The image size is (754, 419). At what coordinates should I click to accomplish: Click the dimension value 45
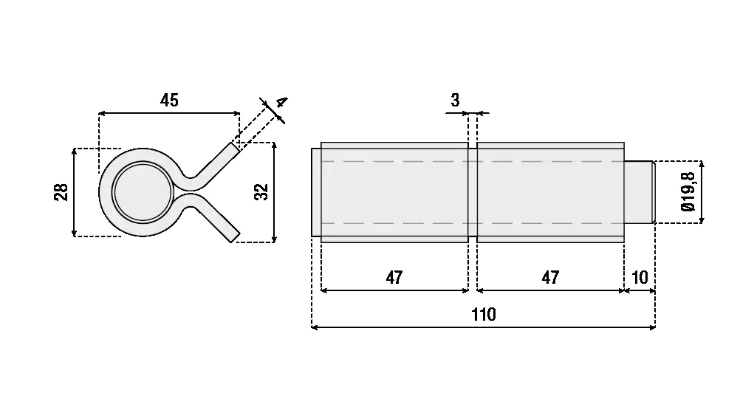[169, 101]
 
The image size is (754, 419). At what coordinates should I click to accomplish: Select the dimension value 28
[61, 192]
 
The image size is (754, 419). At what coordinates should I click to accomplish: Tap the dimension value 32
[261, 192]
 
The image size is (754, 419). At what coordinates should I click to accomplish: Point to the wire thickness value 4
[282, 102]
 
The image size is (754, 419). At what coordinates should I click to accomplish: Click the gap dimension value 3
[455, 100]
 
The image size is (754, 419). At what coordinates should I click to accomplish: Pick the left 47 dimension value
[394, 278]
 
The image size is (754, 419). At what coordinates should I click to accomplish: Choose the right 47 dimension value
[550, 278]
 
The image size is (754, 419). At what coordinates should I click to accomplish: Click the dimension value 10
[640, 278]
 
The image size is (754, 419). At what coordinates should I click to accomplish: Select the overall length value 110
[483, 315]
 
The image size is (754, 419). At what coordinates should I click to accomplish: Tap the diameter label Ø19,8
[688, 192]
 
